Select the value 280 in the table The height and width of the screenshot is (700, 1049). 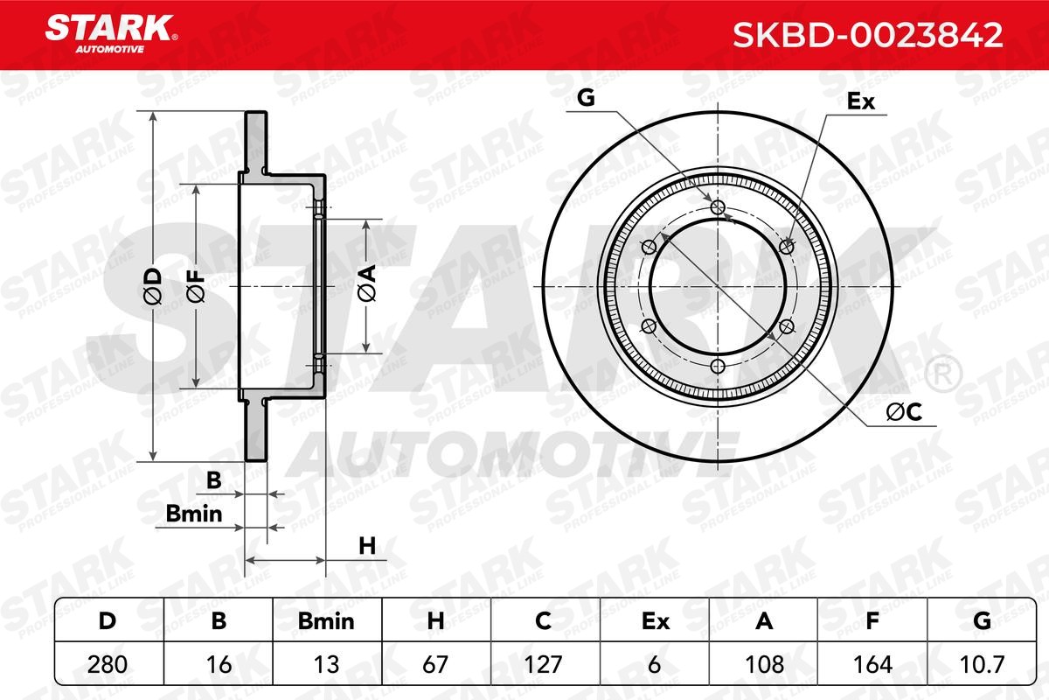coord(108,664)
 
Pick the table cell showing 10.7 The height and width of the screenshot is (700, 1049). coord(982,664)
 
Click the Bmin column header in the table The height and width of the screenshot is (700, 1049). coord(326,621)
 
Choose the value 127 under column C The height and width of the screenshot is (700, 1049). coord(542,664)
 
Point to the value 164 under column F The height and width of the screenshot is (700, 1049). coord(871,664)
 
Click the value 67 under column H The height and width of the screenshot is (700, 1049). coord(434,664)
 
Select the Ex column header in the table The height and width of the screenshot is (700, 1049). coord(655,621)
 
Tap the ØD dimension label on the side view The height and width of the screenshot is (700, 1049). coord(152,286)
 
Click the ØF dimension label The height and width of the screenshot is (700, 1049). coord(196,286)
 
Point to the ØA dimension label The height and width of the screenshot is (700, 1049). coord(366,285)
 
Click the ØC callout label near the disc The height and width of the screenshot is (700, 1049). coord(905,414)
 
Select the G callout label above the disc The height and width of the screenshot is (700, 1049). coord(587,99)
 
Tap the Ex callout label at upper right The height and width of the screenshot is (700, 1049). coord(861,101)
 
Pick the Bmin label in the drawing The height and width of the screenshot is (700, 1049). coord(193,515)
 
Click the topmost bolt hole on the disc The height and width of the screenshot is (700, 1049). coord(719,207)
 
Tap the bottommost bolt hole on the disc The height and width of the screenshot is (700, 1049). coord(719,366)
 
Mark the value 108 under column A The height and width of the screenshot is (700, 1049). coord(762,664)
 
